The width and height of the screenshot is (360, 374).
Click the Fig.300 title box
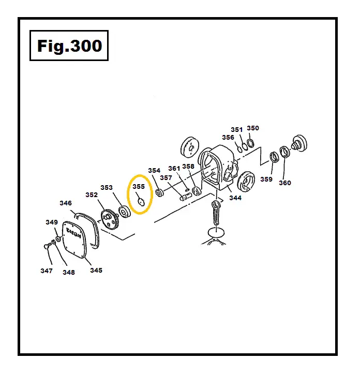[x=69, y=46]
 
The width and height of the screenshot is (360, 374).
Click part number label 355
[x=139, y=187]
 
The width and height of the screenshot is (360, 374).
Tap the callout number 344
[x=235, y=198]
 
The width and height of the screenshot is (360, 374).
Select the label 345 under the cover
[x=96, y=270]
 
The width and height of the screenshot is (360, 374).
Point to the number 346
[x=66, y=203]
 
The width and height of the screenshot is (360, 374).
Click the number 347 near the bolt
[x=47, y=271]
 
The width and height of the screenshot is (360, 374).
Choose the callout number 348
[x=69, y=273]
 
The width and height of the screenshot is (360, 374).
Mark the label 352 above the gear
[x=92, y=195]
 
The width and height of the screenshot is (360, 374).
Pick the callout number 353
[x=107, y=188]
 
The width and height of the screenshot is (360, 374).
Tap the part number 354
[x=154, y=171]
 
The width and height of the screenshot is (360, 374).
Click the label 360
[x=285, y=183]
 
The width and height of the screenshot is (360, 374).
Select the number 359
[x=266, y=179]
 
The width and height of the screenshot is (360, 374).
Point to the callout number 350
[x=253, y=128]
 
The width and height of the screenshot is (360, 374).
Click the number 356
[x=228, y=138]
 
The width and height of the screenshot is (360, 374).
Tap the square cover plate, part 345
[x=78, y=242]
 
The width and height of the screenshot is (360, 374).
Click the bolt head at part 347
[x=47, y=247]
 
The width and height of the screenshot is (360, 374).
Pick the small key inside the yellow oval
[x=140, y=202]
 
